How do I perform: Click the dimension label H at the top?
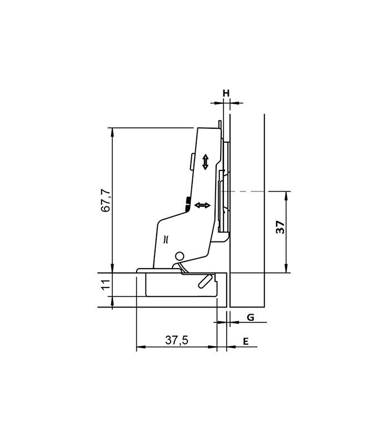tap(226, 92)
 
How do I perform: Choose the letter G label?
tap(251, 317)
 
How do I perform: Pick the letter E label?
tap(245, 341)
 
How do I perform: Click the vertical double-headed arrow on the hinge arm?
tap(205, 162)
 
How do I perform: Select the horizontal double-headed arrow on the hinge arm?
tap(202, 206)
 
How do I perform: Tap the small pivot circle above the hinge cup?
tap(179, 256)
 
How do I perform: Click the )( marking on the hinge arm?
tap(166, 240)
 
